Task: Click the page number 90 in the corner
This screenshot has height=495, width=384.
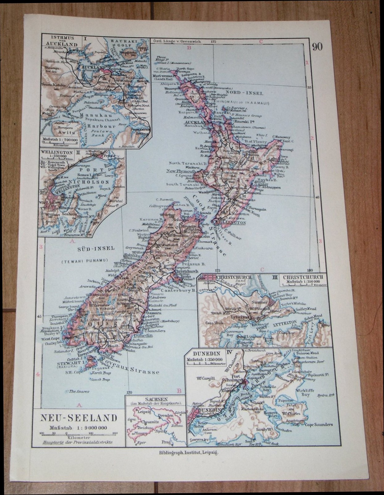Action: [x=317, y=47]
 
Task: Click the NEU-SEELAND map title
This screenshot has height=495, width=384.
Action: [x=79, y=418]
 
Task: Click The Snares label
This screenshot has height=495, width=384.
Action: [x=79, y=391]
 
